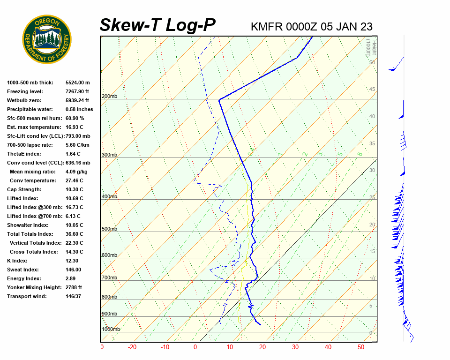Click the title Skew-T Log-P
click(x=157, y=25)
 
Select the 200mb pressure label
click(x=109, y=97)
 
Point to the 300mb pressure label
click(x=109, y=155)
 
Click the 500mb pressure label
click(x=109, y=229)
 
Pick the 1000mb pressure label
click(x=111, y=330)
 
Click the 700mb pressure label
click(x=109, y=278)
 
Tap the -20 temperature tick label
click(x=132, y=347)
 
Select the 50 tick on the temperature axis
click(x=361, y=347)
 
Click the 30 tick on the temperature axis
click(x=295, y=347)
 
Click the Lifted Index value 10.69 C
click(x=74, y=198)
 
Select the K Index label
click(x=17, y=261)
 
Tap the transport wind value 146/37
click(x=74, y=296)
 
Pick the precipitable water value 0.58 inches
click(x=79, y=109)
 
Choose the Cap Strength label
click(x=24, y=189)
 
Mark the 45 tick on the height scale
click(x=372, y=90)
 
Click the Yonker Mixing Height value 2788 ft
click(x=74, y=287)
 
